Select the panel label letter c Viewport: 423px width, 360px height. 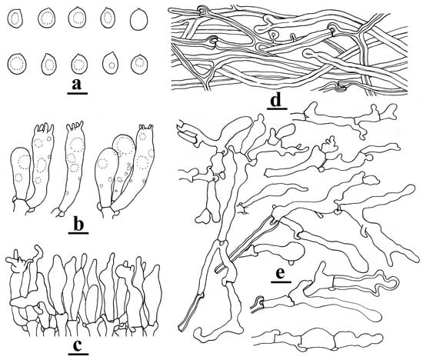click(77, 344)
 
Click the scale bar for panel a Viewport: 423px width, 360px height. click(77, 95)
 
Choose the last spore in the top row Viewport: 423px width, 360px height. click(139, 18)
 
